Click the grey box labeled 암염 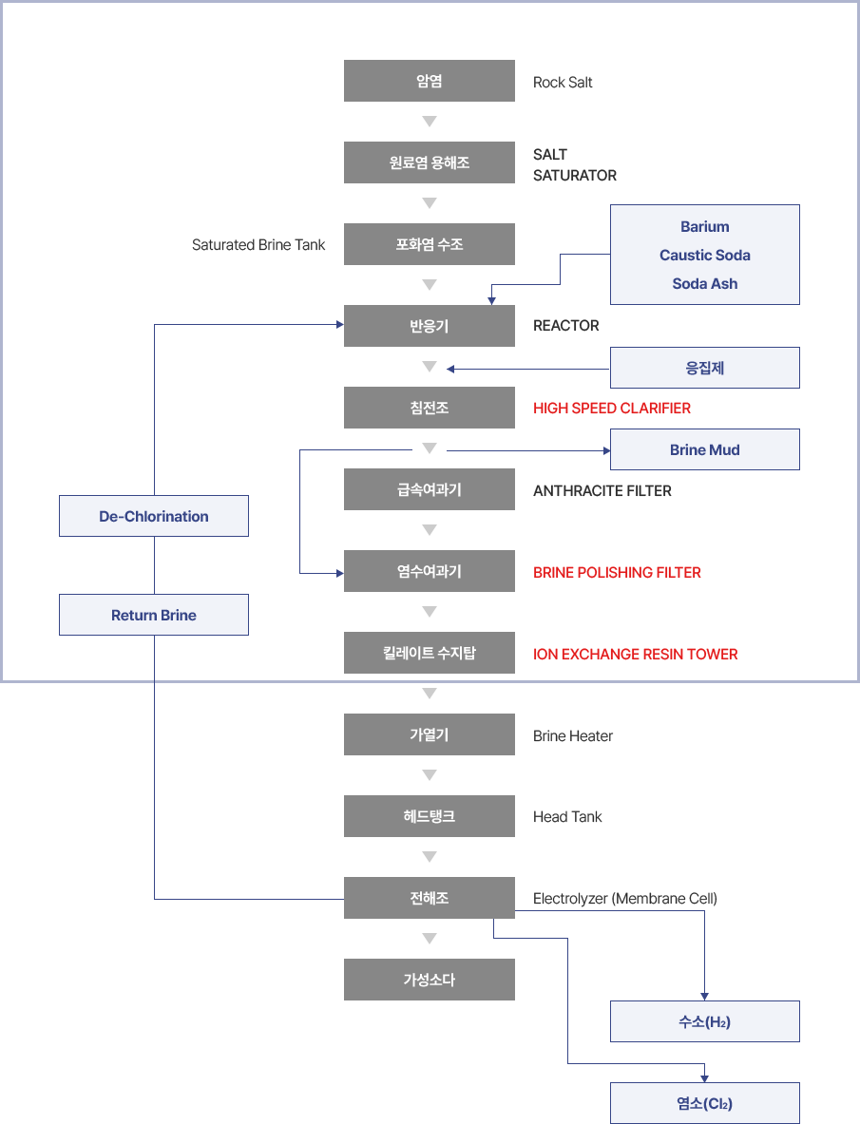pyautogui.click(x=430, y=81)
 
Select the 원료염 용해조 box pyautogui.click(x=430, y=162)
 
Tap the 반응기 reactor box pyautogui.click(x=430, y=326)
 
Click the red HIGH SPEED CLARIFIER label pyautogui.click(x=611, y=408)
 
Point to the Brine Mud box pyautogui.click(x=705, y=449)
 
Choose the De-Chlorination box pyautogui.click(x=154, y=516)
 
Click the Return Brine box pyautogui.click(x=154, y=615)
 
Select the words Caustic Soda pyautogui.click(x=705, y=256)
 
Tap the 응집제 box pyautogui.click(x=705, y=368)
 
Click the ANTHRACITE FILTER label pyautogui.click(x=602, y=491)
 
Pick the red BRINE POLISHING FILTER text pyautogui.click(x=617, y=573)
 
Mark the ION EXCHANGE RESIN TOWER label pyautogui.click(x=635, y=655)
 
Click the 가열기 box pyautogui.click(x=430, y=734)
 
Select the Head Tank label pyautogui.click(x=567, y=816)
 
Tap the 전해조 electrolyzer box pyautogui.click(x=430, y=898)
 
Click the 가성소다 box pyautogui.click(x=430, y=980)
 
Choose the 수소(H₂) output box pyautogui.click(x=705, y=1021)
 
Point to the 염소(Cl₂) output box pyautogui.click(x=705, y=1103)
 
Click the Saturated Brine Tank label pyautogui.click(x=258, y=245)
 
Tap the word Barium pyautogui.click(x=705, y=226)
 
